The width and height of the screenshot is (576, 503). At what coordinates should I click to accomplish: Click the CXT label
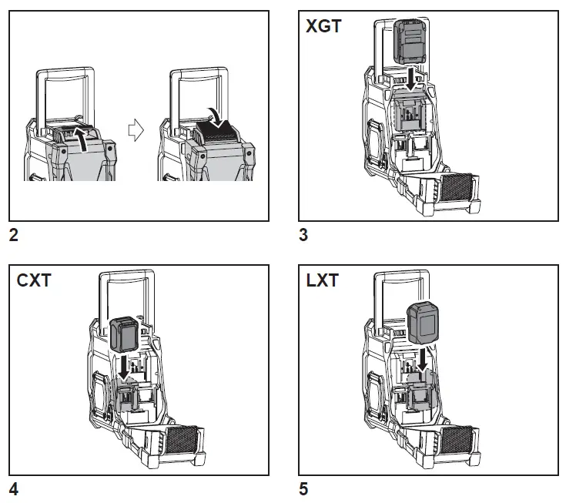pyautogui.click(x=34, y=280)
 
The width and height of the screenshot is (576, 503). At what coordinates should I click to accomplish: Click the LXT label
pyautogui.click(x=322, y=280)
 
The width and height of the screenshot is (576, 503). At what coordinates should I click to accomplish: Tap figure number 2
pyautogui.click(x=13, y=236)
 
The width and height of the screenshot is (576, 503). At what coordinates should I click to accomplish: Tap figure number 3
pyautogui.click(x=303, y=236)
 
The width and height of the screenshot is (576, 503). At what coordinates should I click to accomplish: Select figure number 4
pyautogui.click(x=13, y=488)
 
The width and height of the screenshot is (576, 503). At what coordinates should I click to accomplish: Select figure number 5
pyautogui.click(x=303, y=488)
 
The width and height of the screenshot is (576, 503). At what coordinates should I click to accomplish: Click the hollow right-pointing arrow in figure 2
pyautogui.click(x=135, y=132)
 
